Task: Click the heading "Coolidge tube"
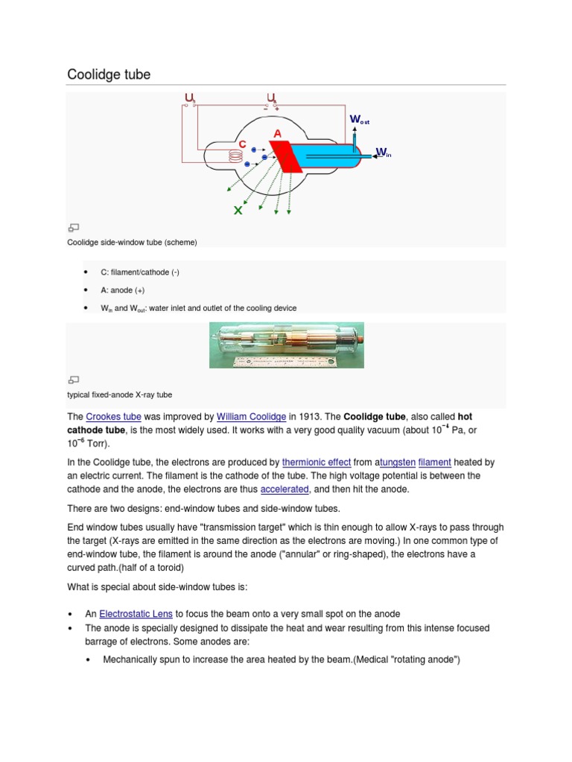109,74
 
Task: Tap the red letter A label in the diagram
277,132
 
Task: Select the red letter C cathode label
242,144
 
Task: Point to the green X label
238,211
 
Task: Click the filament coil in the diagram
236,157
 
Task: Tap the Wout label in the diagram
359,120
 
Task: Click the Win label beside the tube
383,153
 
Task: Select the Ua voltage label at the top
272,97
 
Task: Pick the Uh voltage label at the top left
191,97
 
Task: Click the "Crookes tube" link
113,417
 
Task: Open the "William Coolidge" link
251,417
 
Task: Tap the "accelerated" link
284,489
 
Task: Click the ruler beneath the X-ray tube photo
285,362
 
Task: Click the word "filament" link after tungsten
435,462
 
